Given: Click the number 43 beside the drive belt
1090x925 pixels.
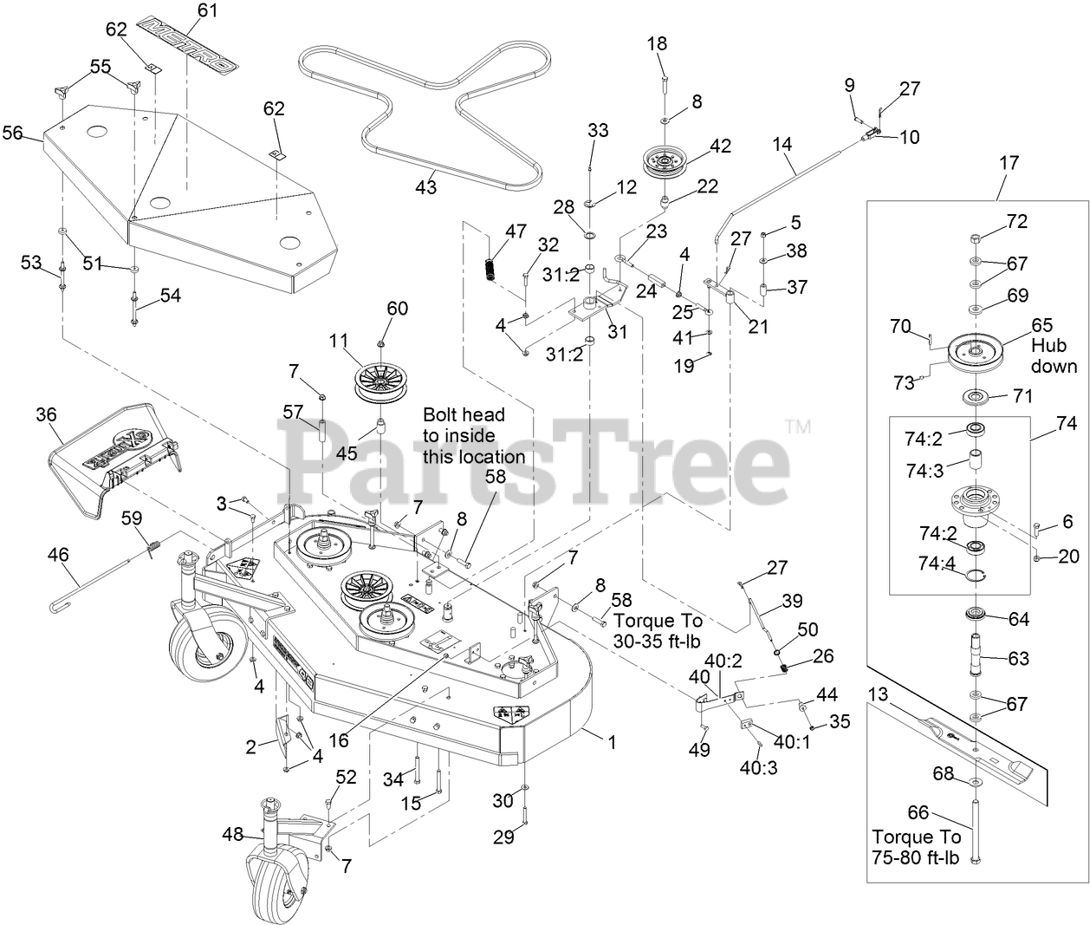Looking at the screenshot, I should click(x=425, y=186).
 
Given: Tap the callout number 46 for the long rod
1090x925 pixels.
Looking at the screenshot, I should click(x=59, y=550).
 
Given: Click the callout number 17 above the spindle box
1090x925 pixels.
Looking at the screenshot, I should click(x=1009, y=162).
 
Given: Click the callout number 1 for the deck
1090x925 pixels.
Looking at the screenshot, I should click(x=612, y=741).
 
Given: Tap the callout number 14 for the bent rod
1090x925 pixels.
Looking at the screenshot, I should click(x=782, y=145).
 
